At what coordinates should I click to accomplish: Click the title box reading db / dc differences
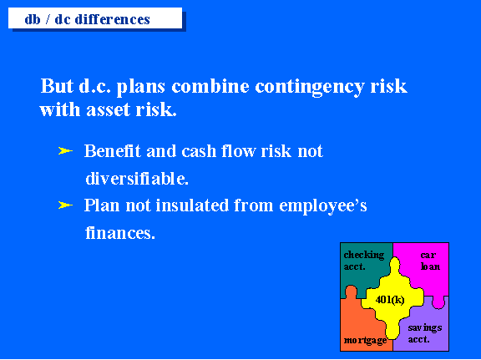coord(95,18)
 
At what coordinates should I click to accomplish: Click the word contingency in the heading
coord(310,87)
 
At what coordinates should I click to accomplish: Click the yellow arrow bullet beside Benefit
coord(65,150)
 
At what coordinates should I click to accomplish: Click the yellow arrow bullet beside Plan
coord(65,205)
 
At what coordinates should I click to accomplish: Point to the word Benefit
coord(112,150)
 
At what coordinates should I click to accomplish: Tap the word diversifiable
coord(137,178)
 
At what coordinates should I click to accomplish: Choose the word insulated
coord(192,205)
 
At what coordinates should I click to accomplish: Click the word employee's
coord(323,206)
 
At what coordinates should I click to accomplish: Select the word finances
coord(120,233)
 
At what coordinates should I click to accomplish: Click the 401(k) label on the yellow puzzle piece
coord(390,299)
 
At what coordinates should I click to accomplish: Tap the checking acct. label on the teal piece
coord(364,261)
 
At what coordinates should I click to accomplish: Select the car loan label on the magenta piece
coord(430,261)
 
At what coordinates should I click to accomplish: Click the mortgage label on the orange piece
coord(366,340)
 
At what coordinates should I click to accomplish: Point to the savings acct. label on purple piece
coord(425,333)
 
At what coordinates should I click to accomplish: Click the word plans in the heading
coord(141,87)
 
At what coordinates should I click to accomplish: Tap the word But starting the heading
coord(57,86)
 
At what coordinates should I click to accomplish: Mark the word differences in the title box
coord(113,19)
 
